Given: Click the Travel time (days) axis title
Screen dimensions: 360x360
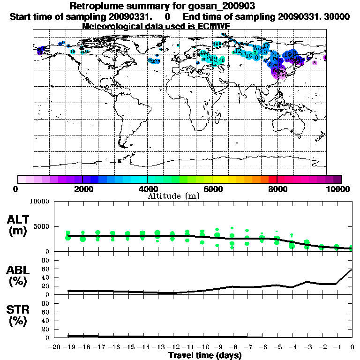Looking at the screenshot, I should pos(205,355).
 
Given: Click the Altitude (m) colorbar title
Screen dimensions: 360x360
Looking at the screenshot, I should pos(173,196).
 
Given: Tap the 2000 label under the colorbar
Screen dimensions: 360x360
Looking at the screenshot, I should pos(82,189).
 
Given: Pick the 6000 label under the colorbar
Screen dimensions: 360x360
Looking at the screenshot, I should pos(212,189).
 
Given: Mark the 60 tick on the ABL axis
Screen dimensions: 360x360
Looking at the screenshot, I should pos(46,269).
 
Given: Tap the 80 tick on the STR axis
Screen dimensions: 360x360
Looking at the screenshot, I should pos(46,303).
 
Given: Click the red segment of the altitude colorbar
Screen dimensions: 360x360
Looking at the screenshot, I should pos(272,179).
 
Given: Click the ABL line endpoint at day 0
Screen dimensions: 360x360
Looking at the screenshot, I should pos(352,270).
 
